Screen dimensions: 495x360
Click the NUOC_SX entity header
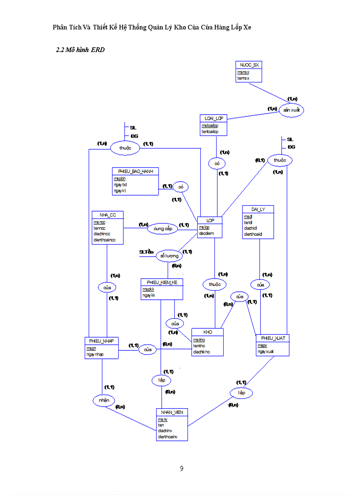tap(248, 65)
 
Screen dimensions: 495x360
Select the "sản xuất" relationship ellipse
tap(292, 110)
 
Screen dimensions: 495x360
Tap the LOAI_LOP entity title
tap(214, 118)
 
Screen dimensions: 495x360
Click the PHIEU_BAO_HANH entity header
tap(135, 171)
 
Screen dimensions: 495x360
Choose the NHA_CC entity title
tap(108, 215)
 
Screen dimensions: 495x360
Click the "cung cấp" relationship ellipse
tap(162, 229)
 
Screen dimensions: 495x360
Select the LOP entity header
tap(209, 220)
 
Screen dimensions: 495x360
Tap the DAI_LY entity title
tap(258, 209)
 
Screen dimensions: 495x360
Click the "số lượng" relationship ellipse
tap(169, 256)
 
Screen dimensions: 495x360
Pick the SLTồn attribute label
tap(146, 252)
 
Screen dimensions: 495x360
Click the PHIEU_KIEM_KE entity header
tap(162, 282)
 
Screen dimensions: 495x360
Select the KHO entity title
tap(207, 332)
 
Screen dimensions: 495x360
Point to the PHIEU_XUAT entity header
tap(273, 338)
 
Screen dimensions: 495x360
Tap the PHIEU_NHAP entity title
tap(101, 341)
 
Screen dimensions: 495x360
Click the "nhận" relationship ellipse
tap(104, 400)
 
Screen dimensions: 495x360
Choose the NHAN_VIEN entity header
tap(172, 412)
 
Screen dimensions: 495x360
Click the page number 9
tap(181, 469)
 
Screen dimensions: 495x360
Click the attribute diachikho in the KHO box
tap(201, 352)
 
